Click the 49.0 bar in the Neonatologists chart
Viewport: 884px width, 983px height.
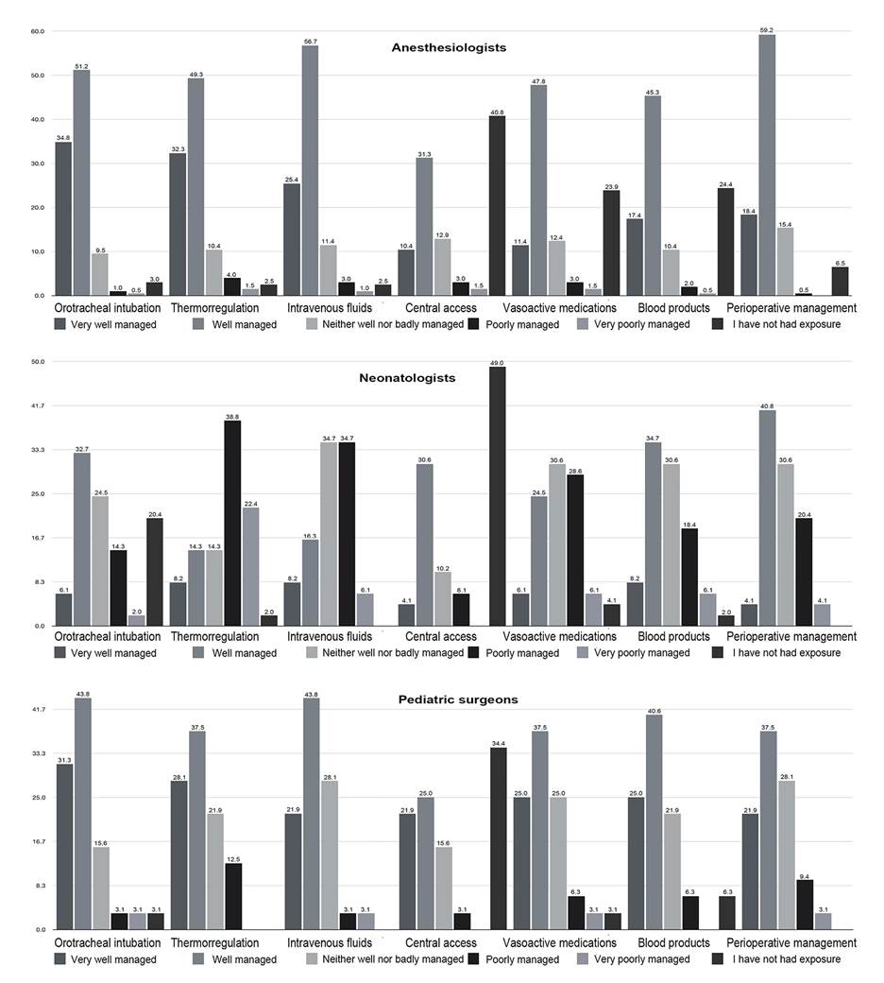pos(497,496)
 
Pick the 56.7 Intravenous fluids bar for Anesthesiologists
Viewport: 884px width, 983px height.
pos(309,170)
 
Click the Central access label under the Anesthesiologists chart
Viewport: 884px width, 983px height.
pos(440,308)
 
